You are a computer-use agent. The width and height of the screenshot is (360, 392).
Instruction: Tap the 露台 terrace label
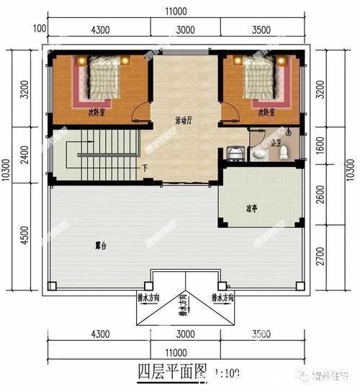click(x=100, y=245)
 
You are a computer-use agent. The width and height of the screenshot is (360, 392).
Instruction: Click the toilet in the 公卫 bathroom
click(x=283, y=152)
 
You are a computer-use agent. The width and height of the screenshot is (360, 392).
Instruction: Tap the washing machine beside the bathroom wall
click(x=235, y=153)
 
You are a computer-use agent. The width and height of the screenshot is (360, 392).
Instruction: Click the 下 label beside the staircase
click(x=145, y=168)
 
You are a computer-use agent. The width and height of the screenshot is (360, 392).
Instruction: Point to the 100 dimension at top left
click(x=39, y=29)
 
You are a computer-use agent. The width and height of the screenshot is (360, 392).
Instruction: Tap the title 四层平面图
click(x=171, y=373)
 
